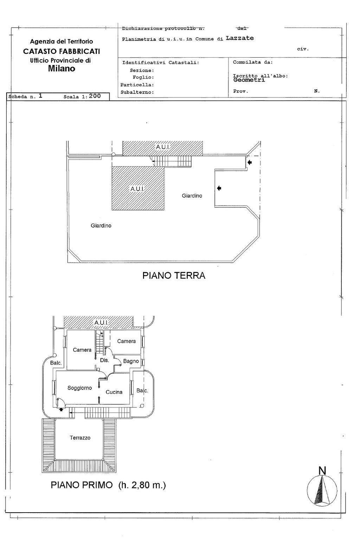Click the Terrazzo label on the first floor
click(80, 438)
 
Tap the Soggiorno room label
click(79, 388)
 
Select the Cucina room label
click(114, 392)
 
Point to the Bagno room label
click(131, 361)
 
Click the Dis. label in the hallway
click(104, 360)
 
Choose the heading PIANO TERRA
click(174, 275)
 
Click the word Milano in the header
click(62, 69)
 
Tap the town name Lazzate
click(240, 38)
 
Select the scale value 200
click(95, 96)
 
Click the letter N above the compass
click(322, 471)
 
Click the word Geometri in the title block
click(249, 80)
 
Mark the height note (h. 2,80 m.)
click(142, 485)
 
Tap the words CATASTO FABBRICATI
click(62, 51)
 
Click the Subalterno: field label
click(137, 92)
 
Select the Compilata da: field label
click(253, 62)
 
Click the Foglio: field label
click(143, 77)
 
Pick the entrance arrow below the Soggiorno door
click(61, 409)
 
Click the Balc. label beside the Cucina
click(142, 391)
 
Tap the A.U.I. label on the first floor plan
click(101, 322)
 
